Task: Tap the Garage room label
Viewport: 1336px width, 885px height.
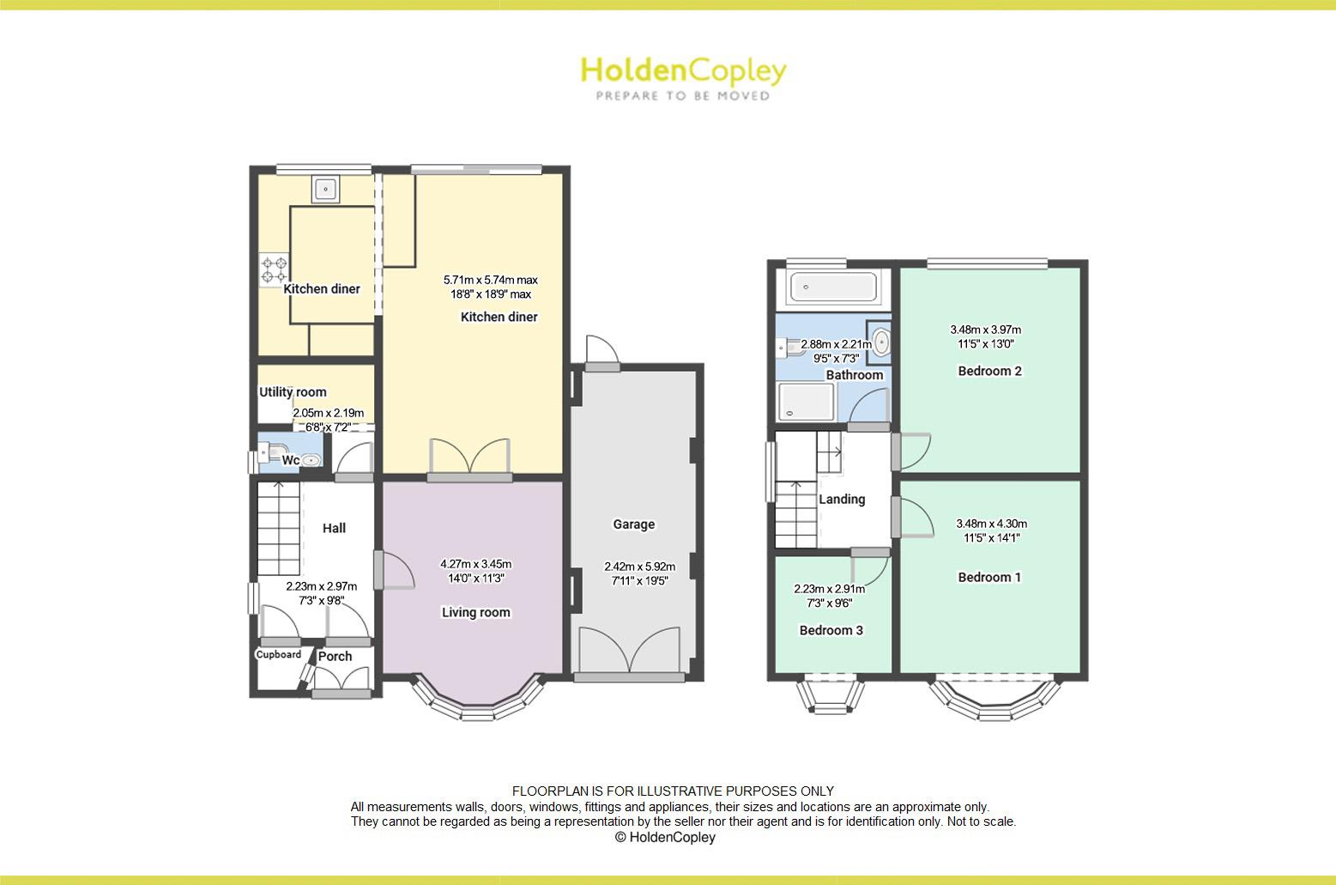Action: [633, 524]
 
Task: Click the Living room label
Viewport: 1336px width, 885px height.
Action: [475, 612]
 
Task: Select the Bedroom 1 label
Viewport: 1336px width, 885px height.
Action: [989, 577]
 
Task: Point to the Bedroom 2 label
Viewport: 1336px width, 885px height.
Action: [989, 371]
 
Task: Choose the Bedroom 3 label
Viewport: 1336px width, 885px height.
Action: [831, 630]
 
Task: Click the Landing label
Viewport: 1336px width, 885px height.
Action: [842, 499]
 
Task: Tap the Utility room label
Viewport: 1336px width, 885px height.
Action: [293, 392]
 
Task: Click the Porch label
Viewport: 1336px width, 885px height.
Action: [335, 657]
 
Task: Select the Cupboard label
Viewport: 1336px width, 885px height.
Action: [279, 655]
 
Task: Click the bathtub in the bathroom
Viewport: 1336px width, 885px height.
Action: [832, 287]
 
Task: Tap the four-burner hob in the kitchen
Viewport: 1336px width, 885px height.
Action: [275, 270]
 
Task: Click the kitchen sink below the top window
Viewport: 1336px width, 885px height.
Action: [324, 189]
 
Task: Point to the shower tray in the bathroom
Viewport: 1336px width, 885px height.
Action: [805, 402]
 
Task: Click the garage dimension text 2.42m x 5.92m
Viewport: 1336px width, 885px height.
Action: [639, 567]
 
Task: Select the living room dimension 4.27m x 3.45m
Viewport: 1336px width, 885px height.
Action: [475, 564]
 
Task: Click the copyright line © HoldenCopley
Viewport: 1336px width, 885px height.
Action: [665, 837]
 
